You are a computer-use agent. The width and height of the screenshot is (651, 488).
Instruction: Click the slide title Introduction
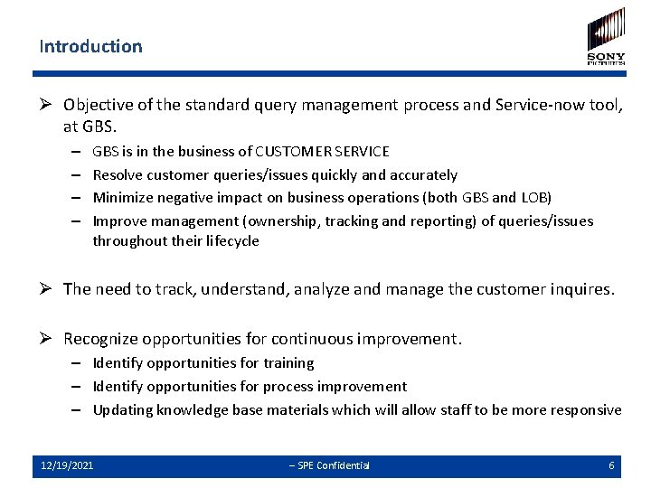tap(90, 46)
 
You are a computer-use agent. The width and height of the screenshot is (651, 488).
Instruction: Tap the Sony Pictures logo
tap(606, 36)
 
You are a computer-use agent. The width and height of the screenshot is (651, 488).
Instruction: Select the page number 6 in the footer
tap(612, 465)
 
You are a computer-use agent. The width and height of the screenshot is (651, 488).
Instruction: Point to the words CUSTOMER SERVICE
tap(323, 152)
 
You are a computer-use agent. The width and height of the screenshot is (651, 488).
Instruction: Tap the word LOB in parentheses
tap(531, 197)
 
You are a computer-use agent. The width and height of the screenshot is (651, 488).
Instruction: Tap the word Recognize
tap(101, 339)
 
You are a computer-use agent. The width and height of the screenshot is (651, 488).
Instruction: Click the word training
tap(288, 363)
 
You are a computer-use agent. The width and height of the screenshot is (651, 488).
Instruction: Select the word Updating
tap(123, 410)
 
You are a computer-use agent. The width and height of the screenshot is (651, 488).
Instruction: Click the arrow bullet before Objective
tap(48, 105)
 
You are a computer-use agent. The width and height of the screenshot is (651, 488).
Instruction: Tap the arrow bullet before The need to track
tap(48, 290)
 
